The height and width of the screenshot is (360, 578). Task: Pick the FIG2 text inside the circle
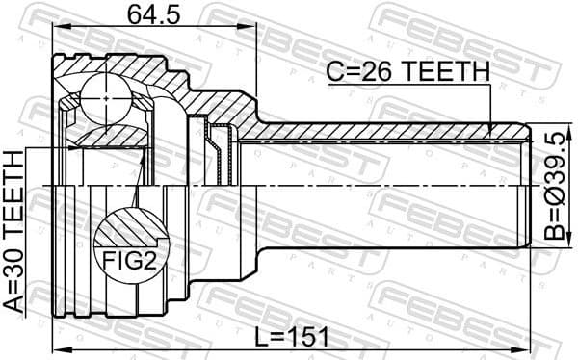[127, 260]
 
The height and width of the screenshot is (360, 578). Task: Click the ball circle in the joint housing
[104, 98]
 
